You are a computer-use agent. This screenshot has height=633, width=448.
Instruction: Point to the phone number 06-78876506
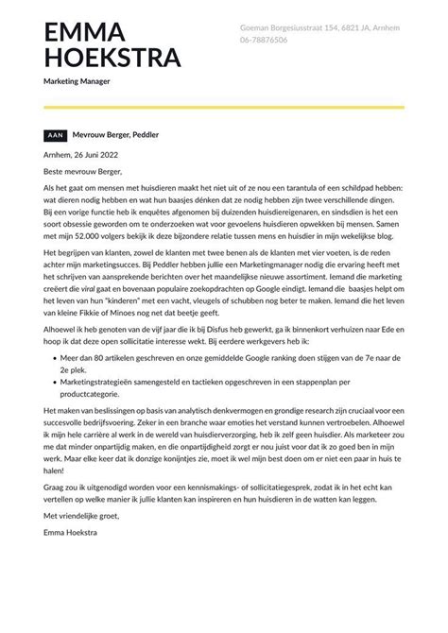click(264, 43)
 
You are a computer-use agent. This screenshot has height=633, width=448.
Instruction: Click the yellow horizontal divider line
click(223, 107)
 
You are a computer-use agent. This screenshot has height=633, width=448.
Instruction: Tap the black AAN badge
click(56, 135)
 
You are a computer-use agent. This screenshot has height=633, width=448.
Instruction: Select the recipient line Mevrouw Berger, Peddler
click(116, 135)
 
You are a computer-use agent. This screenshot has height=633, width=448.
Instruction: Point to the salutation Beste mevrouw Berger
click(84, 172)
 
